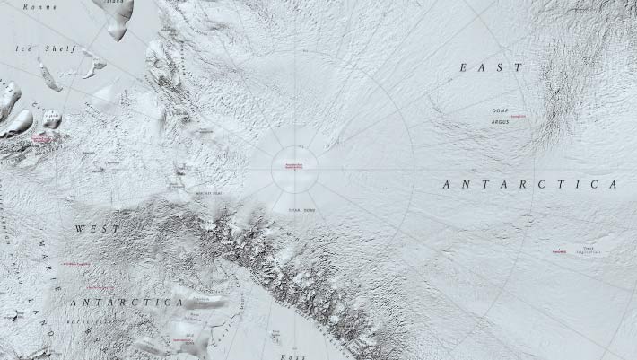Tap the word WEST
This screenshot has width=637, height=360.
coord(97,229)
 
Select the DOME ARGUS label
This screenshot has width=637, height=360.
coord(500,115)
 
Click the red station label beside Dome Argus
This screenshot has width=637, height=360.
coord(517,117)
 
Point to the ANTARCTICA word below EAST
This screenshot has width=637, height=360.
coord(531,184)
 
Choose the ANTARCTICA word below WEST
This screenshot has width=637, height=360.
coord(127,302)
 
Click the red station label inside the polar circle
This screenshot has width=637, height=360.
coord(294,167)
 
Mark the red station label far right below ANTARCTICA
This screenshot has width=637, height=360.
coord(559,251)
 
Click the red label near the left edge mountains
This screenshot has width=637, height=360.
coord(41,139)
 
